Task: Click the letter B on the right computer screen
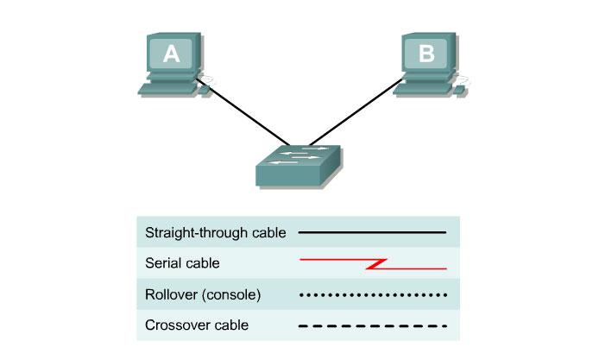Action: [x=426, y=54]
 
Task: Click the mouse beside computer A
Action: [x=205, y=87]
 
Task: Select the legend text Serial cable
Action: [x=182, y=263]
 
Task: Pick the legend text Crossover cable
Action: [x=197, y=325]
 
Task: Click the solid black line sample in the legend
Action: [x=372, y=232]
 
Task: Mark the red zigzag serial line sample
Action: [x=372, y=263]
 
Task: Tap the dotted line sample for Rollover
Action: [x=372, y=294]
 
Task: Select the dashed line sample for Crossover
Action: [x=372, y=325]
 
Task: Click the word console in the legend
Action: [x=233, y=294]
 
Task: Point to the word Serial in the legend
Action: [x=163, y=263]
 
